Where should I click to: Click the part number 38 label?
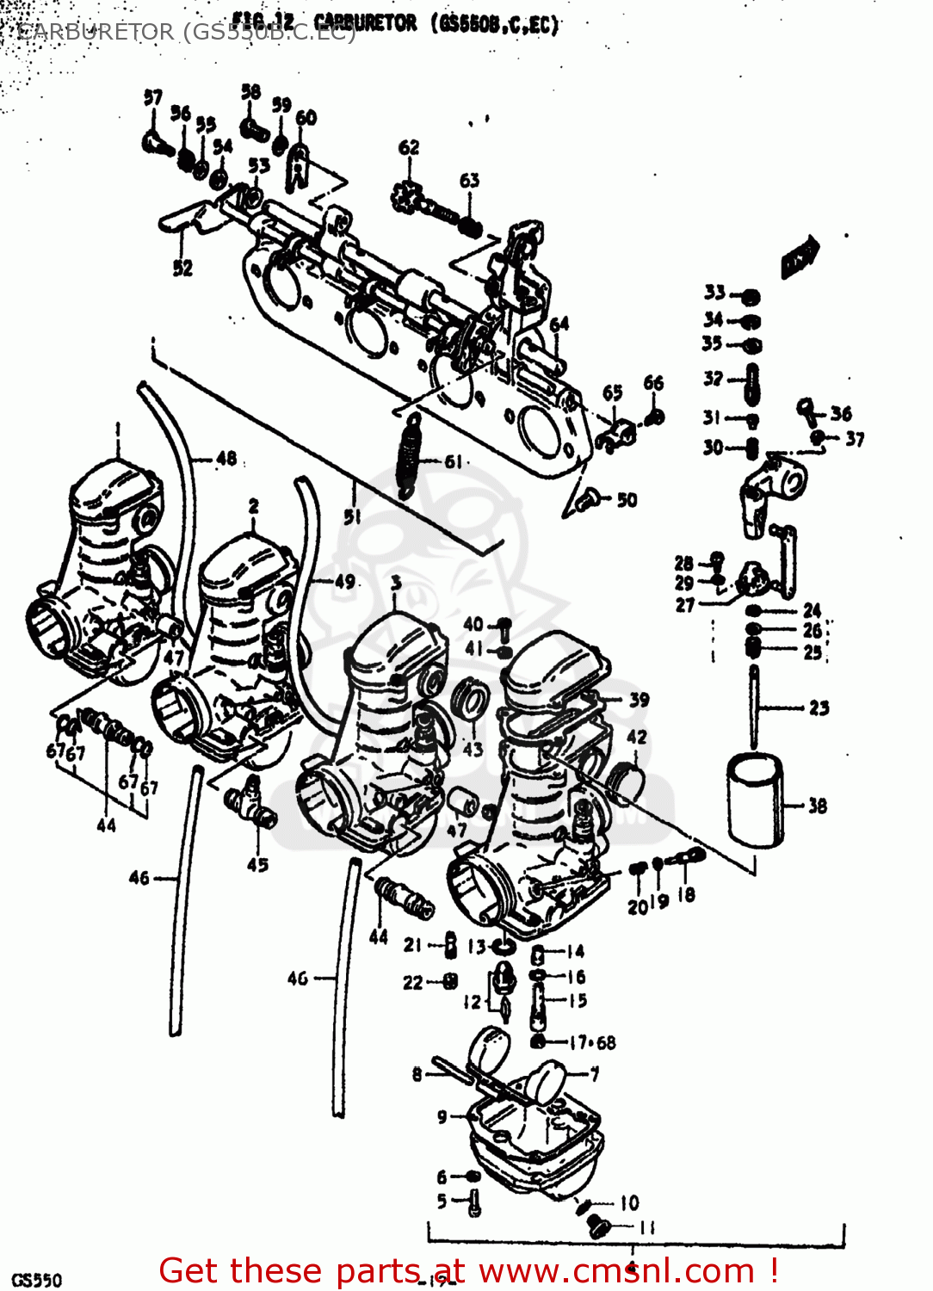(x=817, y=806)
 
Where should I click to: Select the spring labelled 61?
(x=410, y=454)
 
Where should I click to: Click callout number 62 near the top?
(x=409, y=148)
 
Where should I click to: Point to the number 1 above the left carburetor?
(x=118, y=428)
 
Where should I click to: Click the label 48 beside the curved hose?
(x=226, y=459)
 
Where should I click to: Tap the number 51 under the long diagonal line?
(x=352, y=516)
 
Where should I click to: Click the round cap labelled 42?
(x=625, y=780)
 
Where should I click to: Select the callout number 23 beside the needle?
(x=819, y=708)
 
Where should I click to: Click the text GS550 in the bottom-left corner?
(x=36, y=1280)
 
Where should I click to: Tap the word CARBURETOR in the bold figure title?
(x=365, y=23)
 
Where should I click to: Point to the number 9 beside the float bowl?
(x=442, y=1117)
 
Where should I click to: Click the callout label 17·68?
(x=592, y=1043)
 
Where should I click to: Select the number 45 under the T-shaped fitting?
(x=257, y=865)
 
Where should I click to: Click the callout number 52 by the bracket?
(x=182, y=268)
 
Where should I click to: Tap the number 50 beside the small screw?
(x=627, y=500)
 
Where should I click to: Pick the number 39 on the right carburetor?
(x=639, y=700)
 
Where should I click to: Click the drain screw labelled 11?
(x=600, y=1226)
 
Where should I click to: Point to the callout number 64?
(x=559, y=324)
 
